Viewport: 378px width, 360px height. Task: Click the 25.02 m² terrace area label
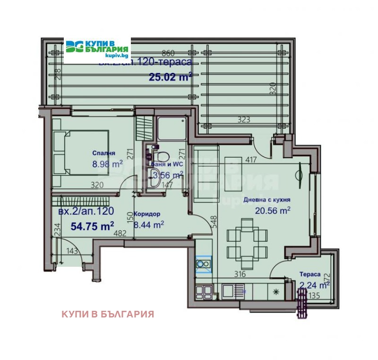(171, 77)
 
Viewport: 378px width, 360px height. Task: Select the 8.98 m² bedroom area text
(107, 164)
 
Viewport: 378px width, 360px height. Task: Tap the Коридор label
(147, 214)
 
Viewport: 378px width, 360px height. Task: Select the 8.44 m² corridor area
(149, 224)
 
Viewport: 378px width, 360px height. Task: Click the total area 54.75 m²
(93, 226)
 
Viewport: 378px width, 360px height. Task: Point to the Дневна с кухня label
(266, 200)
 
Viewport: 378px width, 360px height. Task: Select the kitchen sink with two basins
(204, 264)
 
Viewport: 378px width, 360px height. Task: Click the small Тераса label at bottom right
(310, 274)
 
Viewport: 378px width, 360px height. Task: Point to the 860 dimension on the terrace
(169, 53)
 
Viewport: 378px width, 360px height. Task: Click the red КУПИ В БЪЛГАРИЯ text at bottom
(108, 314)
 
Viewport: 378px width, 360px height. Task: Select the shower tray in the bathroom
(171, 128)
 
